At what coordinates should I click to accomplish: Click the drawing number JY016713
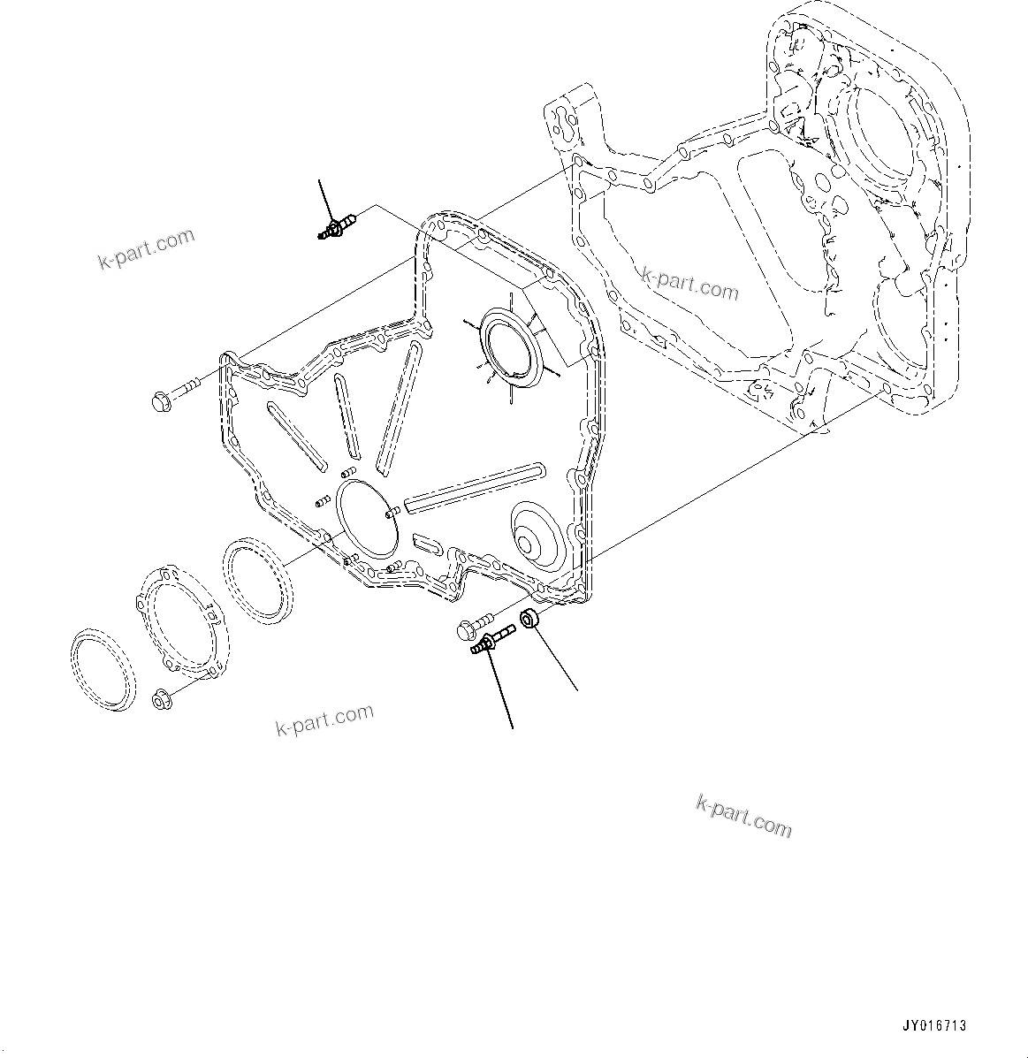934,1026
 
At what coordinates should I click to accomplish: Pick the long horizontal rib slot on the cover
473,486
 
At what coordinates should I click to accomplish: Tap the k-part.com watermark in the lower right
743,817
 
